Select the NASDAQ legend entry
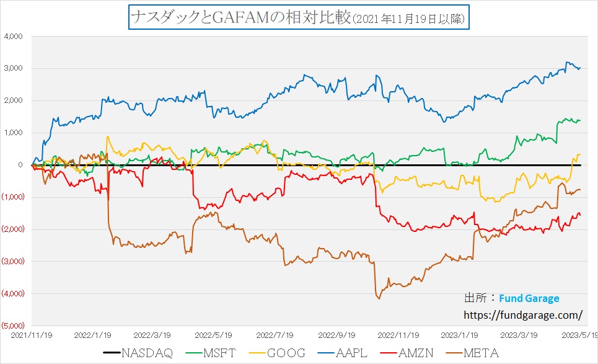point(139,352)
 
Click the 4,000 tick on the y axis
point(13,37)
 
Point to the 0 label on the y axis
point(20,165)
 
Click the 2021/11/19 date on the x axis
point(31,334)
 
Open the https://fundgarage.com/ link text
point(522,315)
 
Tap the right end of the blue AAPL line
point(580,68)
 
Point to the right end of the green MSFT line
point(580,120)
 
